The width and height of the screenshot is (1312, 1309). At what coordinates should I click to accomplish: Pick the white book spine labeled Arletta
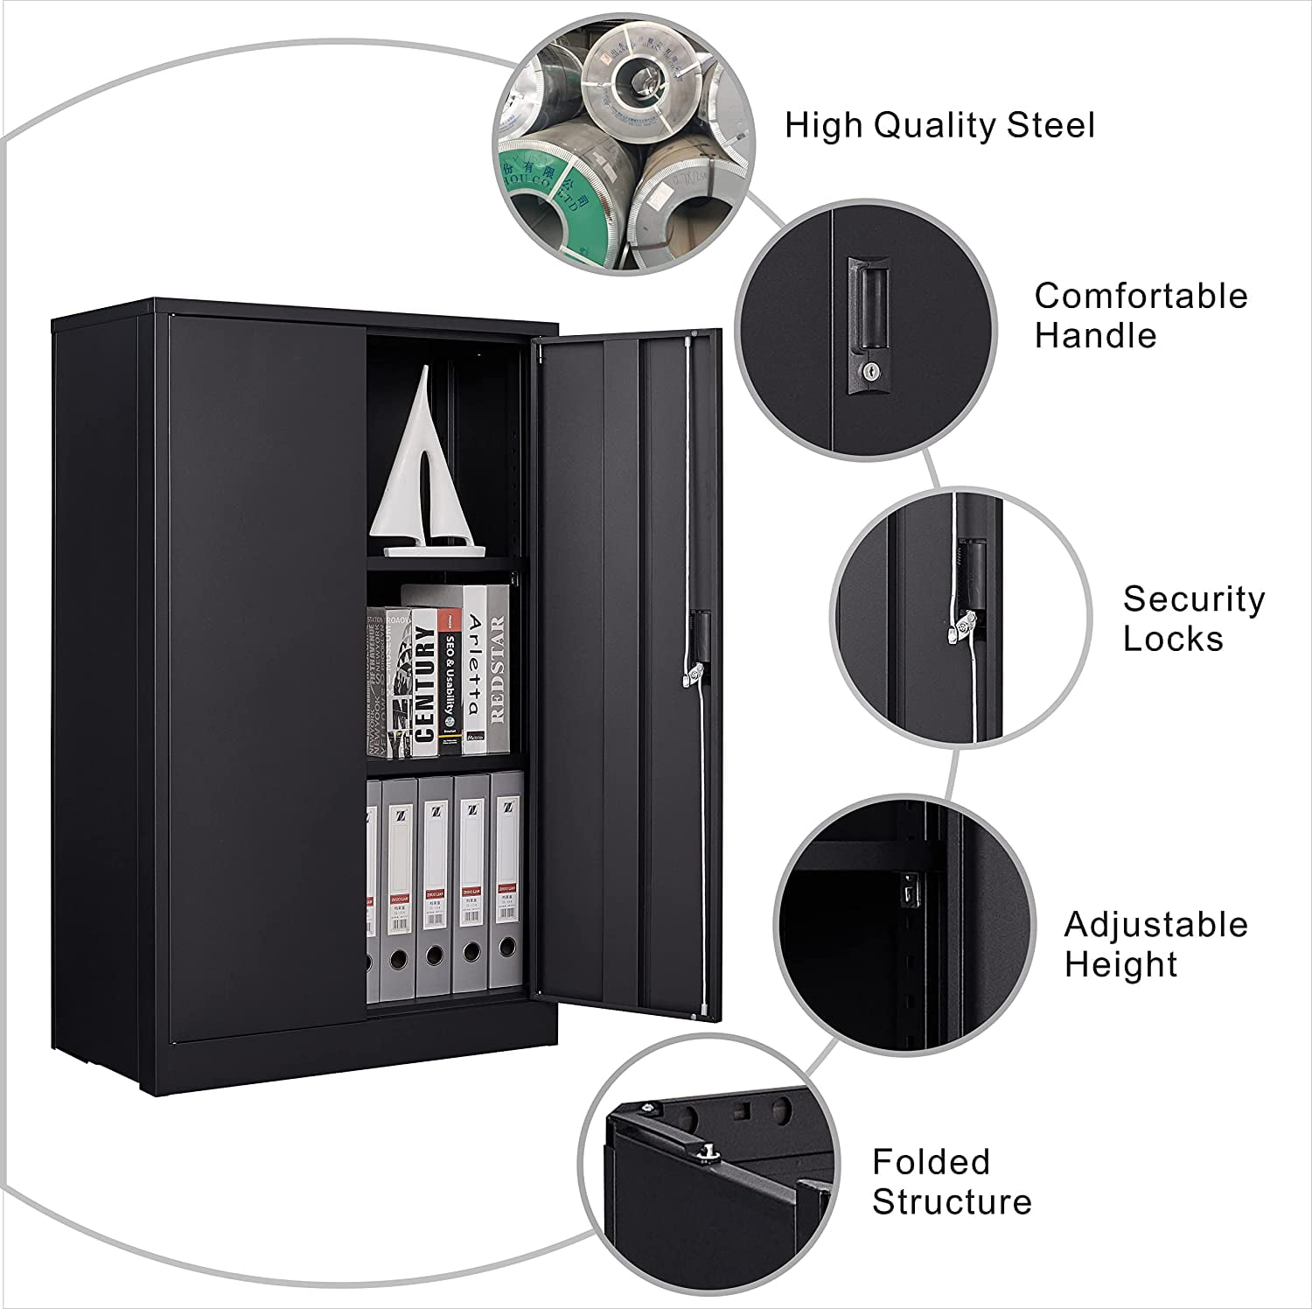(x=473, y=665)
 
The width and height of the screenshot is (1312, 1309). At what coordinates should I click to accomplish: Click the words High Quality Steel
(x=939, y=125)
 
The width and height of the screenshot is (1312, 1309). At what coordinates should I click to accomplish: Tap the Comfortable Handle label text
(x=1141, y=315)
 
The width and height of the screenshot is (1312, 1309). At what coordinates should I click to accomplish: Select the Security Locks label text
(x=1193, y=619)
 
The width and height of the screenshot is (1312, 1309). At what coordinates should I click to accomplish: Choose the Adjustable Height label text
(x=1155, y=944)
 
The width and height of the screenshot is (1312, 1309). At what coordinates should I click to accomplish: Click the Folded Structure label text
(x=951, y=1182)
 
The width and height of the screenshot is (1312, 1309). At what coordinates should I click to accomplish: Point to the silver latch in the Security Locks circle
(x=963, y=626)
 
